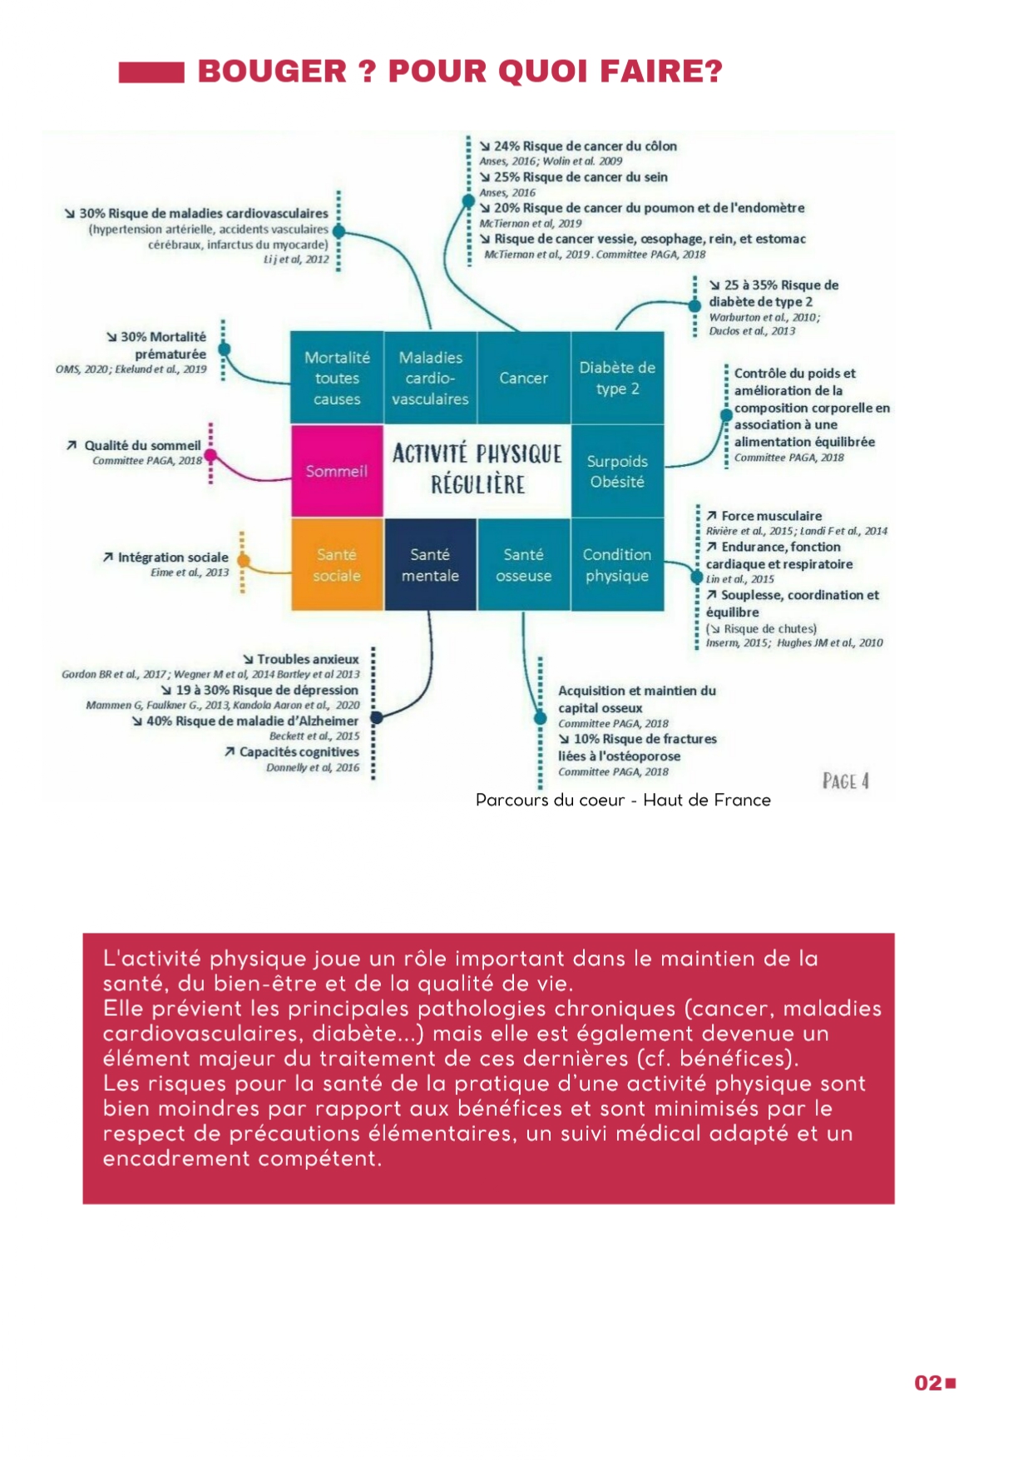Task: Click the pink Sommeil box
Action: click(x=336, y=471)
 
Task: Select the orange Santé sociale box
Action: click(x=336, y=565)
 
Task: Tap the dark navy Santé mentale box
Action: click(x=430, y=565)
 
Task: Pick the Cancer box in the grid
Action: click(x=523, y=378)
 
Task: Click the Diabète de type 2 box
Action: click(x=617, y=378)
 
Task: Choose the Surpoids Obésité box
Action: click(x=617, y=471)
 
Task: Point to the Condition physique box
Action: click(x=617, y=565)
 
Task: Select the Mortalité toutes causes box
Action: click(x=336, y=378)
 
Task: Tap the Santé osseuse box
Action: click(x=523, y=565)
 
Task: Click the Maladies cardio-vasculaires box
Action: click(x=430, y=378)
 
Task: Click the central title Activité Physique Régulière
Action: click(x=477, y=469)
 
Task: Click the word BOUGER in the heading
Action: click(x=272, y=72)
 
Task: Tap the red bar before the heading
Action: click(x=151, y=72)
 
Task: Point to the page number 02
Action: click(x=928, y=1383)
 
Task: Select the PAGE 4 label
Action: click(x=845, y=781)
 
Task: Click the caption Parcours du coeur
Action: click(x=550, y=800)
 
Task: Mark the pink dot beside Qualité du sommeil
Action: click(x=210, y=456)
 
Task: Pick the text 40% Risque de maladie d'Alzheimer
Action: click(x=252, y=721)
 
